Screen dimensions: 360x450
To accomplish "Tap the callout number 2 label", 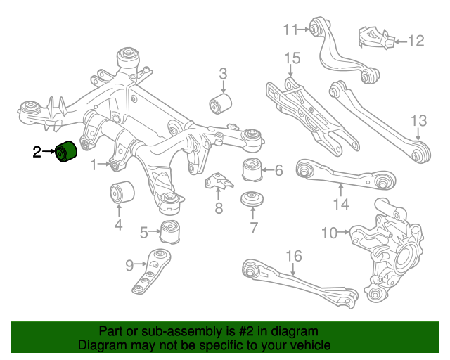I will pyautogui.click(x=37, y=151).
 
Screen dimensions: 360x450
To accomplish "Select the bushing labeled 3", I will pyautogui.click(x=221, y=105).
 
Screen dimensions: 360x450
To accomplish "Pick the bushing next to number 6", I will pyautogui.click(x=251, y=170).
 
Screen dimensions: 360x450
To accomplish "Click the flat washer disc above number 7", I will pyautogui.click(x=252, y=200).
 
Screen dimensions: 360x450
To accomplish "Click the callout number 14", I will pyautogui.click(x=341, y=205).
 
